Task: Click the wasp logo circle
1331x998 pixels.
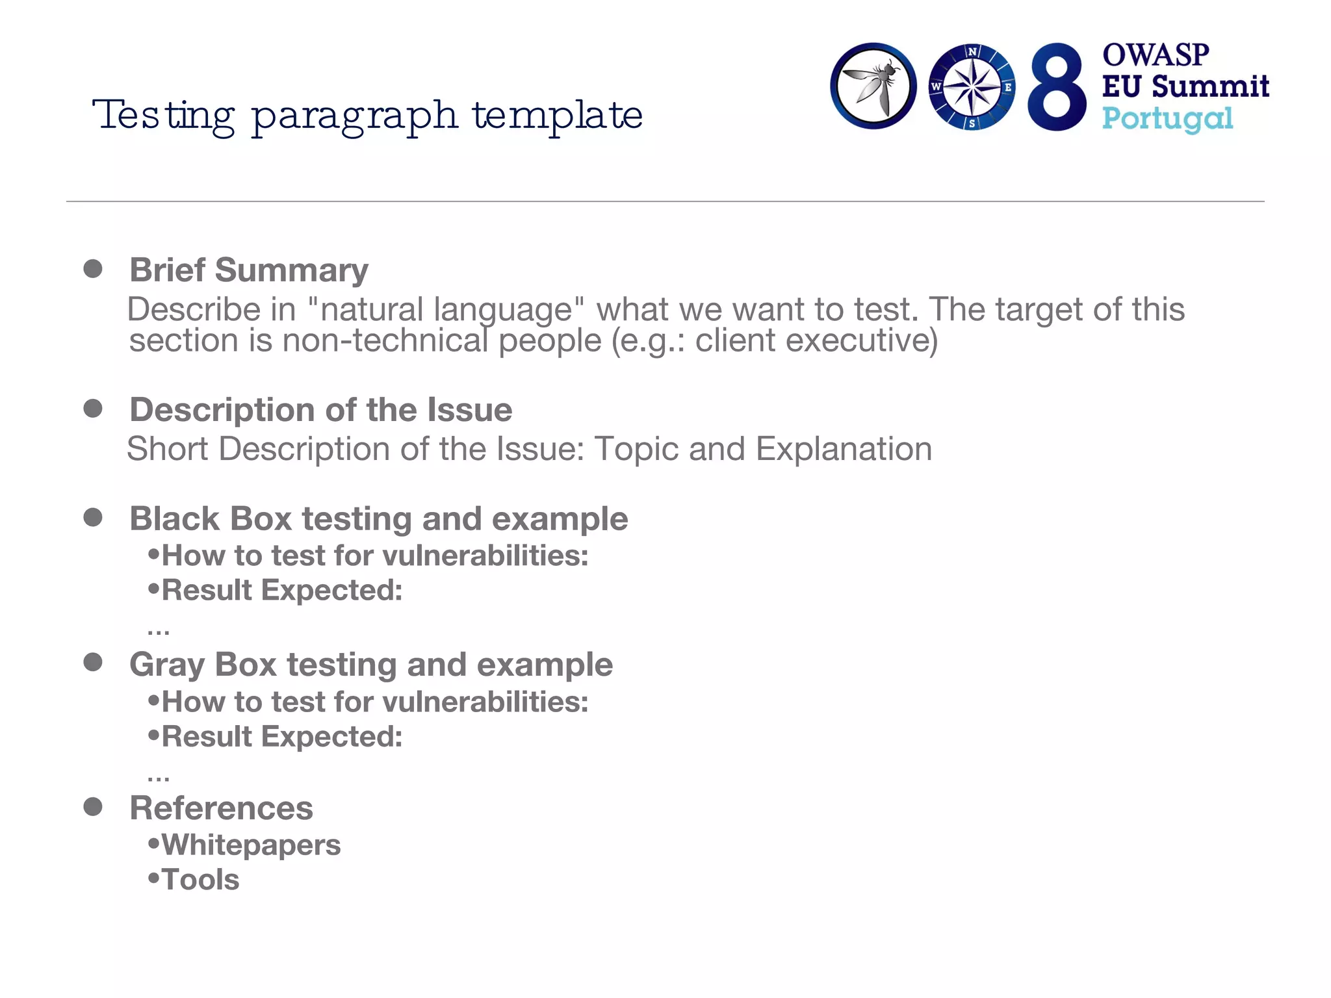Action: tap(873, 86)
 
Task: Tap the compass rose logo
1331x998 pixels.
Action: tap(972, 87)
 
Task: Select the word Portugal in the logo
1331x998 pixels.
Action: tap(1167, 119)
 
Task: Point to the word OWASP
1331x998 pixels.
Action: tap(1156, 55)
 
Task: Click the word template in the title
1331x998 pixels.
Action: tap(558, 116)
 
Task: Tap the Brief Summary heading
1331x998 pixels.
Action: tap(249, 270)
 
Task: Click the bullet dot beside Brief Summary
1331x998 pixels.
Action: tap(93, 269)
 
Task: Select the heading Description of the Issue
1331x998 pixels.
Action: tap(321, 410)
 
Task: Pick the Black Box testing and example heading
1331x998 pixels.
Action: tap(379, 519)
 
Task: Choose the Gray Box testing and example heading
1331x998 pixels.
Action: tap(371, 665)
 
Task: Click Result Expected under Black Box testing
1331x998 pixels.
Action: tap(282, 591)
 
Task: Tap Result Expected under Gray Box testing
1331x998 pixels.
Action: tap(282, 737)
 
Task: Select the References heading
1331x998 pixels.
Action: tap(222, 808)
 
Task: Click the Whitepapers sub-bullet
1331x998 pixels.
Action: tap(251, 845)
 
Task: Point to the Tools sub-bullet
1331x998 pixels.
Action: tap(200, 880)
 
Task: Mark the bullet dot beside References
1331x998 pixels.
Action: tap(93, 807)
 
